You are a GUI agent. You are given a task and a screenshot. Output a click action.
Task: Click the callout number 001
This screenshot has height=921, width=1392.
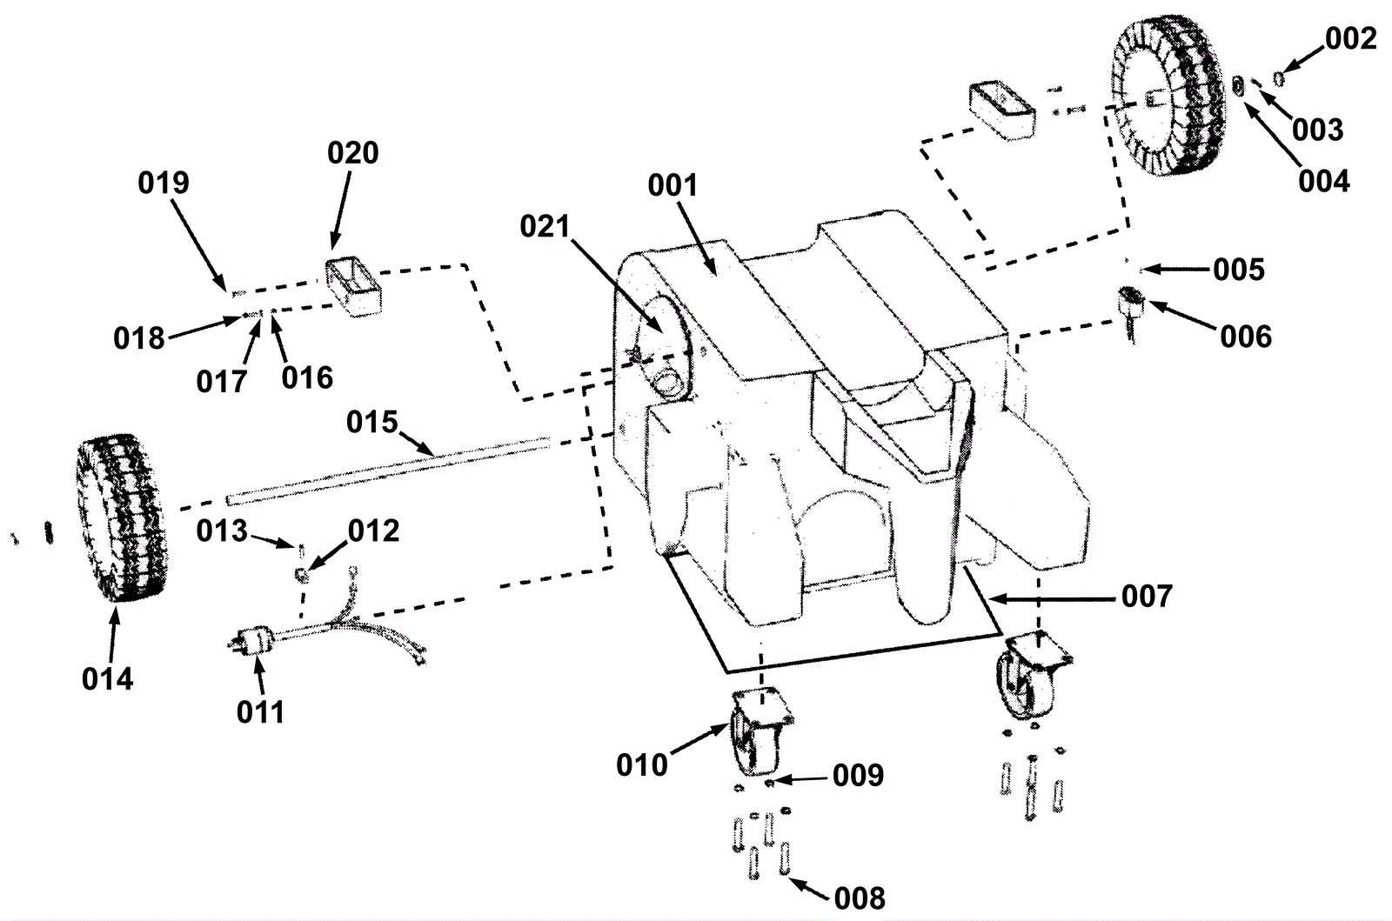(673, 186)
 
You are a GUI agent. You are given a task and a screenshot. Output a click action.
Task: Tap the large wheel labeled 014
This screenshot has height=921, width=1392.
(122, 517)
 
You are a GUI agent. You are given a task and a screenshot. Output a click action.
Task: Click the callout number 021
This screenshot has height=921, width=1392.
(545, 227)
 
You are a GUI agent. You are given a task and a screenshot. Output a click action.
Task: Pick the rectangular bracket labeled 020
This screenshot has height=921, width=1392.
(353, 288)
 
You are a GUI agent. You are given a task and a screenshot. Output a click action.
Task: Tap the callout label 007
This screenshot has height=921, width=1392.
(1147, 597)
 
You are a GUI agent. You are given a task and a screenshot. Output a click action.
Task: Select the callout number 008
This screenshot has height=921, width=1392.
(860, 898)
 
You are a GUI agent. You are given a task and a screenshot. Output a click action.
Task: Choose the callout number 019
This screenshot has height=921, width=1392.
(164, 184)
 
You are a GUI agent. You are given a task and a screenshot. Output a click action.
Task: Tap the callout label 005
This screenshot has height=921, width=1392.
(1239, 270)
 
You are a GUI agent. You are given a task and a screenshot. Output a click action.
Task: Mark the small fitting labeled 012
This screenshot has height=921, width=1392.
(301, 575)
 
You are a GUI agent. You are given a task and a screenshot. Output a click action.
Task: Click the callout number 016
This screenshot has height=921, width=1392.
(307, 377)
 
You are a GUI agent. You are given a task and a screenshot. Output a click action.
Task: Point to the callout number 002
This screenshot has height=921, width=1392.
(1350, 39)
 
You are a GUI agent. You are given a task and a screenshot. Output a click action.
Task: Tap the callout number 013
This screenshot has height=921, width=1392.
(222, 531)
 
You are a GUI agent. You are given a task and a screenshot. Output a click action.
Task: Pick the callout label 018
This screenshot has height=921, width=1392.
(138, 338)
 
